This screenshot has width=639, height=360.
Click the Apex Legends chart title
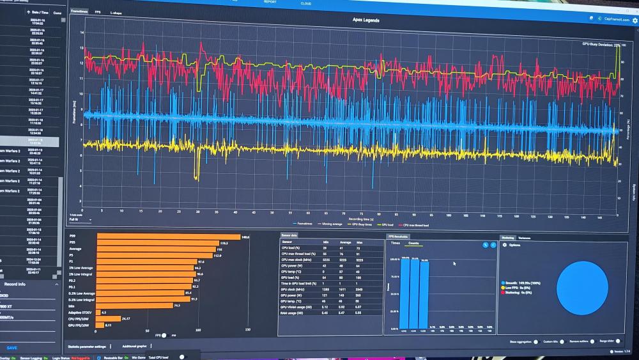[366, 20]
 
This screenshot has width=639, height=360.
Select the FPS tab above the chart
[97, 12]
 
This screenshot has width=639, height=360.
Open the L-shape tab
[116, 12]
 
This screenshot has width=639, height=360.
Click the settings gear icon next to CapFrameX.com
[635, 20]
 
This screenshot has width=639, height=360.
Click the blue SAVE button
[12, 347]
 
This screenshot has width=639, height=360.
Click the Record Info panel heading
[15, 283]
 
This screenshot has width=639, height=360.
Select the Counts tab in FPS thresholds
[413, 244]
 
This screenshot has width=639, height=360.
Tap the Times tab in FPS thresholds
[395, 244]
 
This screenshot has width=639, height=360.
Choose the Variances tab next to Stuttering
[524, 237]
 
